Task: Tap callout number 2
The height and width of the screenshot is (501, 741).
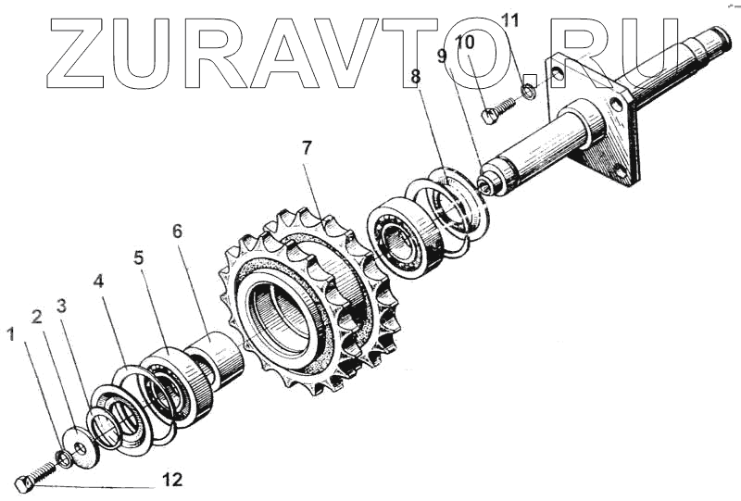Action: pyautogui.click(x=37, y=318)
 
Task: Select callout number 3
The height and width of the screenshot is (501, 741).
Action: pyautogui.click(x=61, y=306)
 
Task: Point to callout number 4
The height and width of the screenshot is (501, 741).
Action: pyautogui.click(x=99, y=279)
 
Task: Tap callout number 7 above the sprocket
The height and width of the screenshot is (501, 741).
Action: pyautogui.click(x=308, y=146)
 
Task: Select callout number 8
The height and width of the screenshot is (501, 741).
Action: pyautogui.click(x=416, y=77)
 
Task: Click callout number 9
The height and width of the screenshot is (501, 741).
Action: pyautogui.click(x=444, y=56)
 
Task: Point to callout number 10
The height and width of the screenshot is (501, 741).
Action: pyautogui.click(x=465, y=42)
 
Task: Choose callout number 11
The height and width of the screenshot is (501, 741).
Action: pyautogui.click(x=510, y=19)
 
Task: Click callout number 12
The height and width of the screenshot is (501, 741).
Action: pyautogui.click(x=172, y=480)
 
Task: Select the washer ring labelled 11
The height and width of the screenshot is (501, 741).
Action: pyautogui.click(x=527, y=92)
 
